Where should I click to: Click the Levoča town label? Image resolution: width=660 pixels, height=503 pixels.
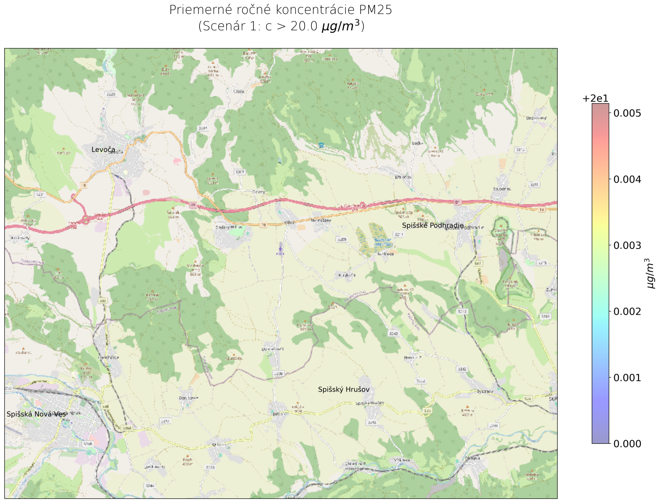pos(103,150)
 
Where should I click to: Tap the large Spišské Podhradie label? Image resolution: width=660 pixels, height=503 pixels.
pos(433,226)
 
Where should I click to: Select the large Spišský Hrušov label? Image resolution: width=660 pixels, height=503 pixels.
pos(344,389)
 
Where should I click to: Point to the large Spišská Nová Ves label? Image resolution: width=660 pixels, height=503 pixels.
pos(36,414)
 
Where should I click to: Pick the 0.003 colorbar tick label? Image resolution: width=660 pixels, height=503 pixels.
pos(627,245)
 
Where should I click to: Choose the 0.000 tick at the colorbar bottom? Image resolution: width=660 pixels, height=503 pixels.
pos(627,443)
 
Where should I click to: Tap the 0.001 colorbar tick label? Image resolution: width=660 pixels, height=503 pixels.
pos(627,378)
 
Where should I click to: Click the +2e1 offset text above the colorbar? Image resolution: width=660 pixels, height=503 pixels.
pos(595,99)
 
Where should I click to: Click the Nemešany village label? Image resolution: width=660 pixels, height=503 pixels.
pos(321,220)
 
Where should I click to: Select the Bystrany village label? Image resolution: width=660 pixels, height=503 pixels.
pos(485,392)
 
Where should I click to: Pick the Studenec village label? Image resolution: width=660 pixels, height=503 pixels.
pos(502,189)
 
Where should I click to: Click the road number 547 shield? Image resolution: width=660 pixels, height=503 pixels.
pos(478,263)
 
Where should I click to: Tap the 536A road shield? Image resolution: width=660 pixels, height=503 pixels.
pos(127,428)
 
